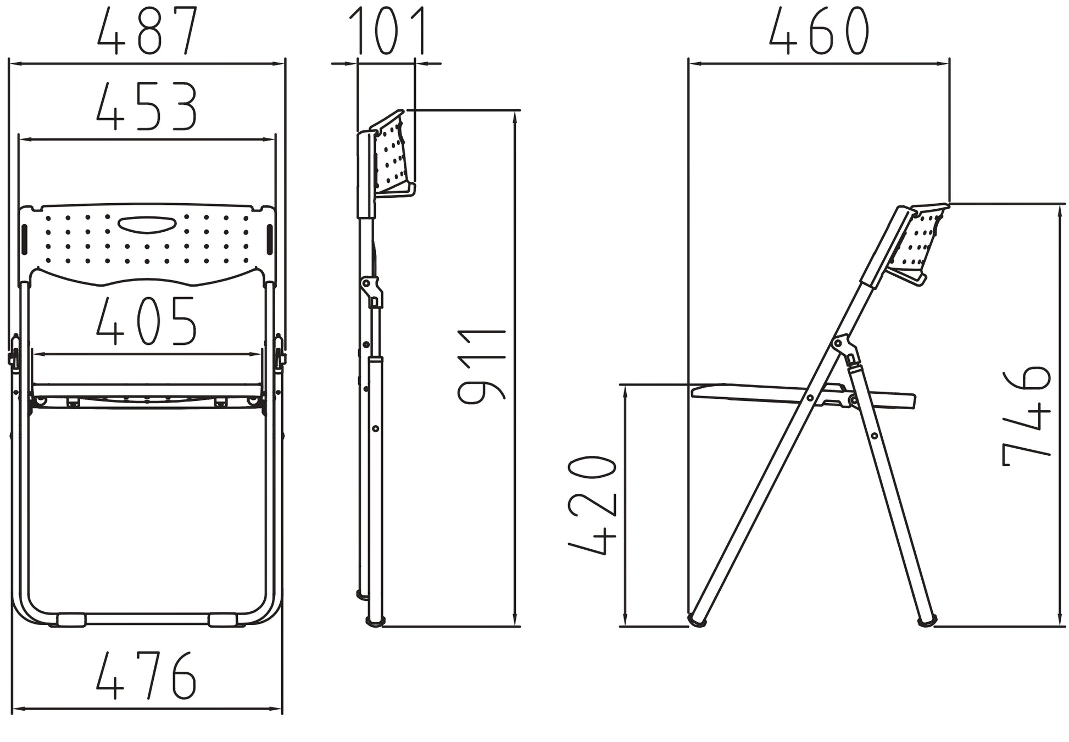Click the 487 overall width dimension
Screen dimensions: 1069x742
(x=147, y=31)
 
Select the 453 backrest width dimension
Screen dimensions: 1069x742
(x=147, y=107)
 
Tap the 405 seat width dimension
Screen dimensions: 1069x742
(x=146, y=321)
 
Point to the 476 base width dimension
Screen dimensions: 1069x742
(x=146, y=675)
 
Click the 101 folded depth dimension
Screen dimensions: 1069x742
(x=388, y=31)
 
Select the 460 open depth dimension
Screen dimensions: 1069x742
(x=819, y=31)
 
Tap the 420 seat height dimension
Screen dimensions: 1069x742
(x=593, y=505)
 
